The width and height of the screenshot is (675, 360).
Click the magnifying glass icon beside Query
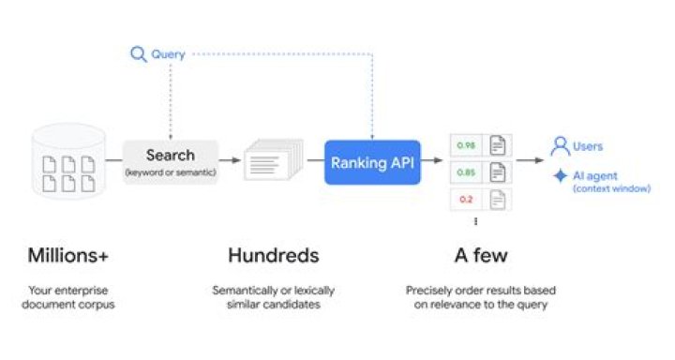[138, 54]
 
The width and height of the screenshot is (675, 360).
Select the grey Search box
[171, 161]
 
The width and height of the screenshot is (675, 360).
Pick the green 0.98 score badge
[465, 145]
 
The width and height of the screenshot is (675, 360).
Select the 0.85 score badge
[465, 172]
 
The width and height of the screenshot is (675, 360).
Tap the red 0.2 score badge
[465, 200]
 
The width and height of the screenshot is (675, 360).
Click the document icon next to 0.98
[498, 145]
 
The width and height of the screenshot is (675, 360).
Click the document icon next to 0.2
[498, 200]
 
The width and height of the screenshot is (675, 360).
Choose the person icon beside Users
[560, 146]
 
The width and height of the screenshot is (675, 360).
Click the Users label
[588, 146]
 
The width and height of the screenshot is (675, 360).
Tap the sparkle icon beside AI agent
[560, 175]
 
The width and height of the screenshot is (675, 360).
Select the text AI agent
[594, 174]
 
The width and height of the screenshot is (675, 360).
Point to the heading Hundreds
[273, 255]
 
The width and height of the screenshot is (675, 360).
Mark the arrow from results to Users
[531, 160]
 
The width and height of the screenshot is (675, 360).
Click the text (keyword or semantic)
[171, 172]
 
